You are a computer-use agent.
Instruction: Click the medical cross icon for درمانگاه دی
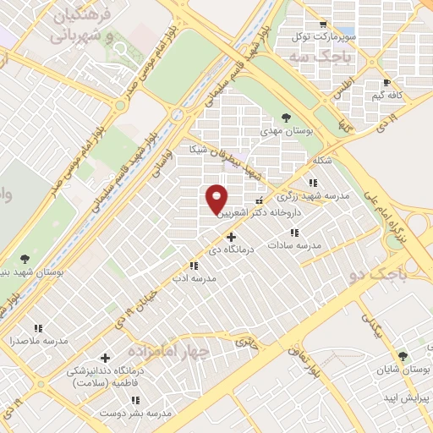(x=230, y=237)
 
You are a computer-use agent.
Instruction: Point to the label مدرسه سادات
(x=294, y=244)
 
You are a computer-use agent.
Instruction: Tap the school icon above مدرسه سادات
(x=294, y=232)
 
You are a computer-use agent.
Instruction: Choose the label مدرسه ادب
(x=195, y=277)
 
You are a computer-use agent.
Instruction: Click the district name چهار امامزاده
(x=167, y=349)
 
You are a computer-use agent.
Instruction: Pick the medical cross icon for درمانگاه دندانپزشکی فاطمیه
(x=105, y=358)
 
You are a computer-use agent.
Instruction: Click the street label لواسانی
(x=160, y=162)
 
